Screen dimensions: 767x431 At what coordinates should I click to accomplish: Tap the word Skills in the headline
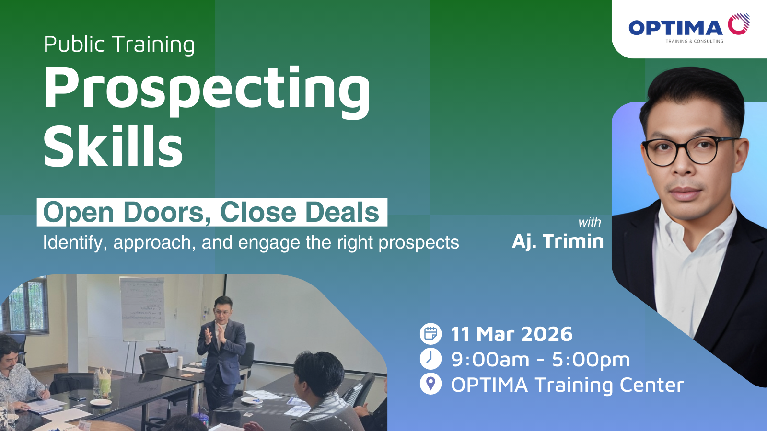coord(113,146)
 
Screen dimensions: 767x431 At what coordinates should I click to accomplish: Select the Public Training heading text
coord(119,45)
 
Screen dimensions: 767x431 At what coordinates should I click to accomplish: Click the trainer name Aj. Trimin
coord(558,241)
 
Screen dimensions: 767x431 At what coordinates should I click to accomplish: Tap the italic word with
coord(590,222)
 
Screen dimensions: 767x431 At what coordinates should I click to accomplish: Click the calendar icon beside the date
coord(430,333)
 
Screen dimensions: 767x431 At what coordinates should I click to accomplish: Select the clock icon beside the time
coord(430,359)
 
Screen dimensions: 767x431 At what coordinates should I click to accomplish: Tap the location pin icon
coord(430,384)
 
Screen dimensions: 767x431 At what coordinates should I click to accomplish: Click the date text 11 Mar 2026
coord(511,334)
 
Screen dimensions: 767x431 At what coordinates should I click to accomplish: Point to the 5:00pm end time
coord(591,360)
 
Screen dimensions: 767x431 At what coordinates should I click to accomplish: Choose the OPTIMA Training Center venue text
coord(568,385)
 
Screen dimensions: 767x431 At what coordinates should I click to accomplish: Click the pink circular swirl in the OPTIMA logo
coord(739,24)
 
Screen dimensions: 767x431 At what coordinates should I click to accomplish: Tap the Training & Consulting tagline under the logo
coord(695,41)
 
